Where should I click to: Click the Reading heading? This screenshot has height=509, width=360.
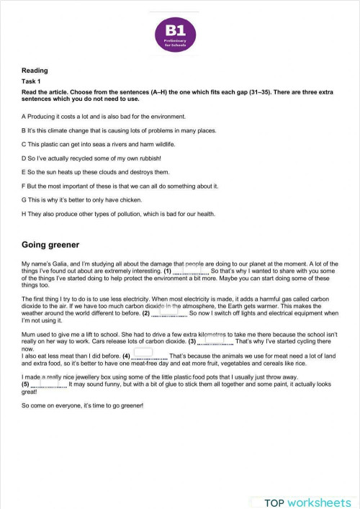[35, 71]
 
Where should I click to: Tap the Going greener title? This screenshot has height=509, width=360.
[50, 245]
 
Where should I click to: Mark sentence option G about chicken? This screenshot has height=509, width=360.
[86, 199]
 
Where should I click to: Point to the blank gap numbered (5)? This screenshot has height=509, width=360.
[50, 384]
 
